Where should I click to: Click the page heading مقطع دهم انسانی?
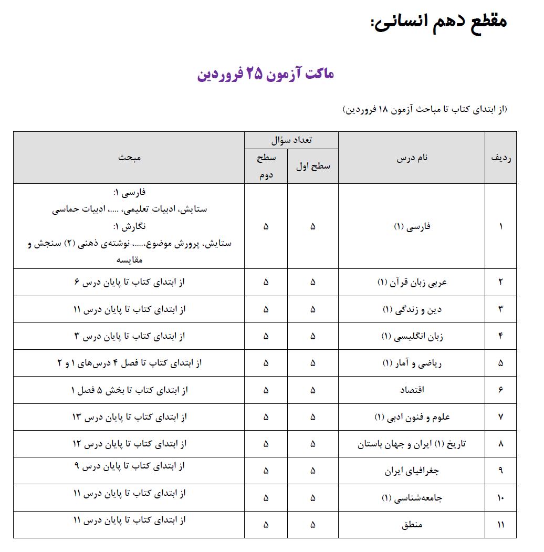click(438, 22)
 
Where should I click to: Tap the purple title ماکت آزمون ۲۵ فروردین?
click(266, 74)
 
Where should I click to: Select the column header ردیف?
click(500, 158)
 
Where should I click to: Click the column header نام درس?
click(412, 158)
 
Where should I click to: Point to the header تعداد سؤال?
click(291, 140)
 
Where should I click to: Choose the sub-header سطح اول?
click(313, 166)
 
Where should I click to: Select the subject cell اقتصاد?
click(412, 390)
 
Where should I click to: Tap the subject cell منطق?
click(412, 525)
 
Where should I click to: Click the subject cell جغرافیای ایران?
click(412, 471)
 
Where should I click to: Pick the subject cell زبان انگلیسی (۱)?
click(412, 336)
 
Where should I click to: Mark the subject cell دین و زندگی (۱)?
click(412, 309)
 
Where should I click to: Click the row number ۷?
click(500, 417)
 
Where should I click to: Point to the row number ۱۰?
click(500, 498)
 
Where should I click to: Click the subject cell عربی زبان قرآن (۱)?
click(412, 282)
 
